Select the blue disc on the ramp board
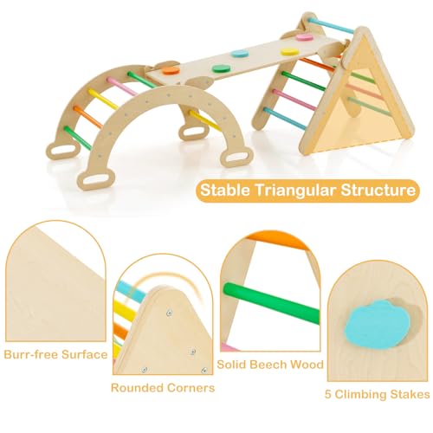pyautogui.click(x=240, y=54)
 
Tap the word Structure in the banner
pyautogui.click(x=378, y=191)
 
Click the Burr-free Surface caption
pyautogui.click(x=55, y=354)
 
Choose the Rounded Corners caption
pyautogui.click(x=163, y=388)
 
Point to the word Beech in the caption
pyautogui.click(x=268, y=365)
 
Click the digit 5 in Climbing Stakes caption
pyautogui.click(x=328, y=394)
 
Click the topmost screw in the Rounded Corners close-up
pyautogui.click(x=169, y=313)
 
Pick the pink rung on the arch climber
pyautogui.click(x=123, y=86)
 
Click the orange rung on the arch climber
pyautogui.click(x=88, y=117)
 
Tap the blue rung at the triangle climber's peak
pyautogui.click(x=331, y=25)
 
